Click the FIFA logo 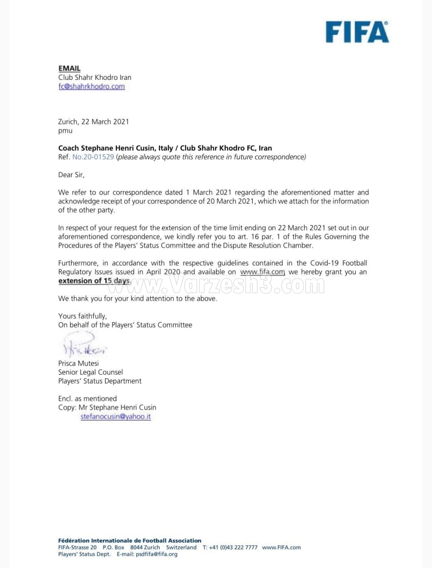(357, 32)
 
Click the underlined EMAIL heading (69, 68)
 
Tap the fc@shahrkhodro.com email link (91, 86)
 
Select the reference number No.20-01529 (93, 157)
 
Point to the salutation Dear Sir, (71, 175)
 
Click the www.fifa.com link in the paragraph (262, 272)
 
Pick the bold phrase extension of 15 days (94, 280)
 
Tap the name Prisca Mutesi (79, 363)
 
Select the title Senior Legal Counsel (91, 372)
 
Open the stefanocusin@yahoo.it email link (115, 416)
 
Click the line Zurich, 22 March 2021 (94, 122)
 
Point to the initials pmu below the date (65, 130)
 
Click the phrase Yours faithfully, (83, 316)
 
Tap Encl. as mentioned (87, 398)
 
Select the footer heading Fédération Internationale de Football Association (130, 540)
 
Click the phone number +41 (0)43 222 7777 (235, 547)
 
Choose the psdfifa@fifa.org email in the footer (157, 554)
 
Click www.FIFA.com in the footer (281, 547)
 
